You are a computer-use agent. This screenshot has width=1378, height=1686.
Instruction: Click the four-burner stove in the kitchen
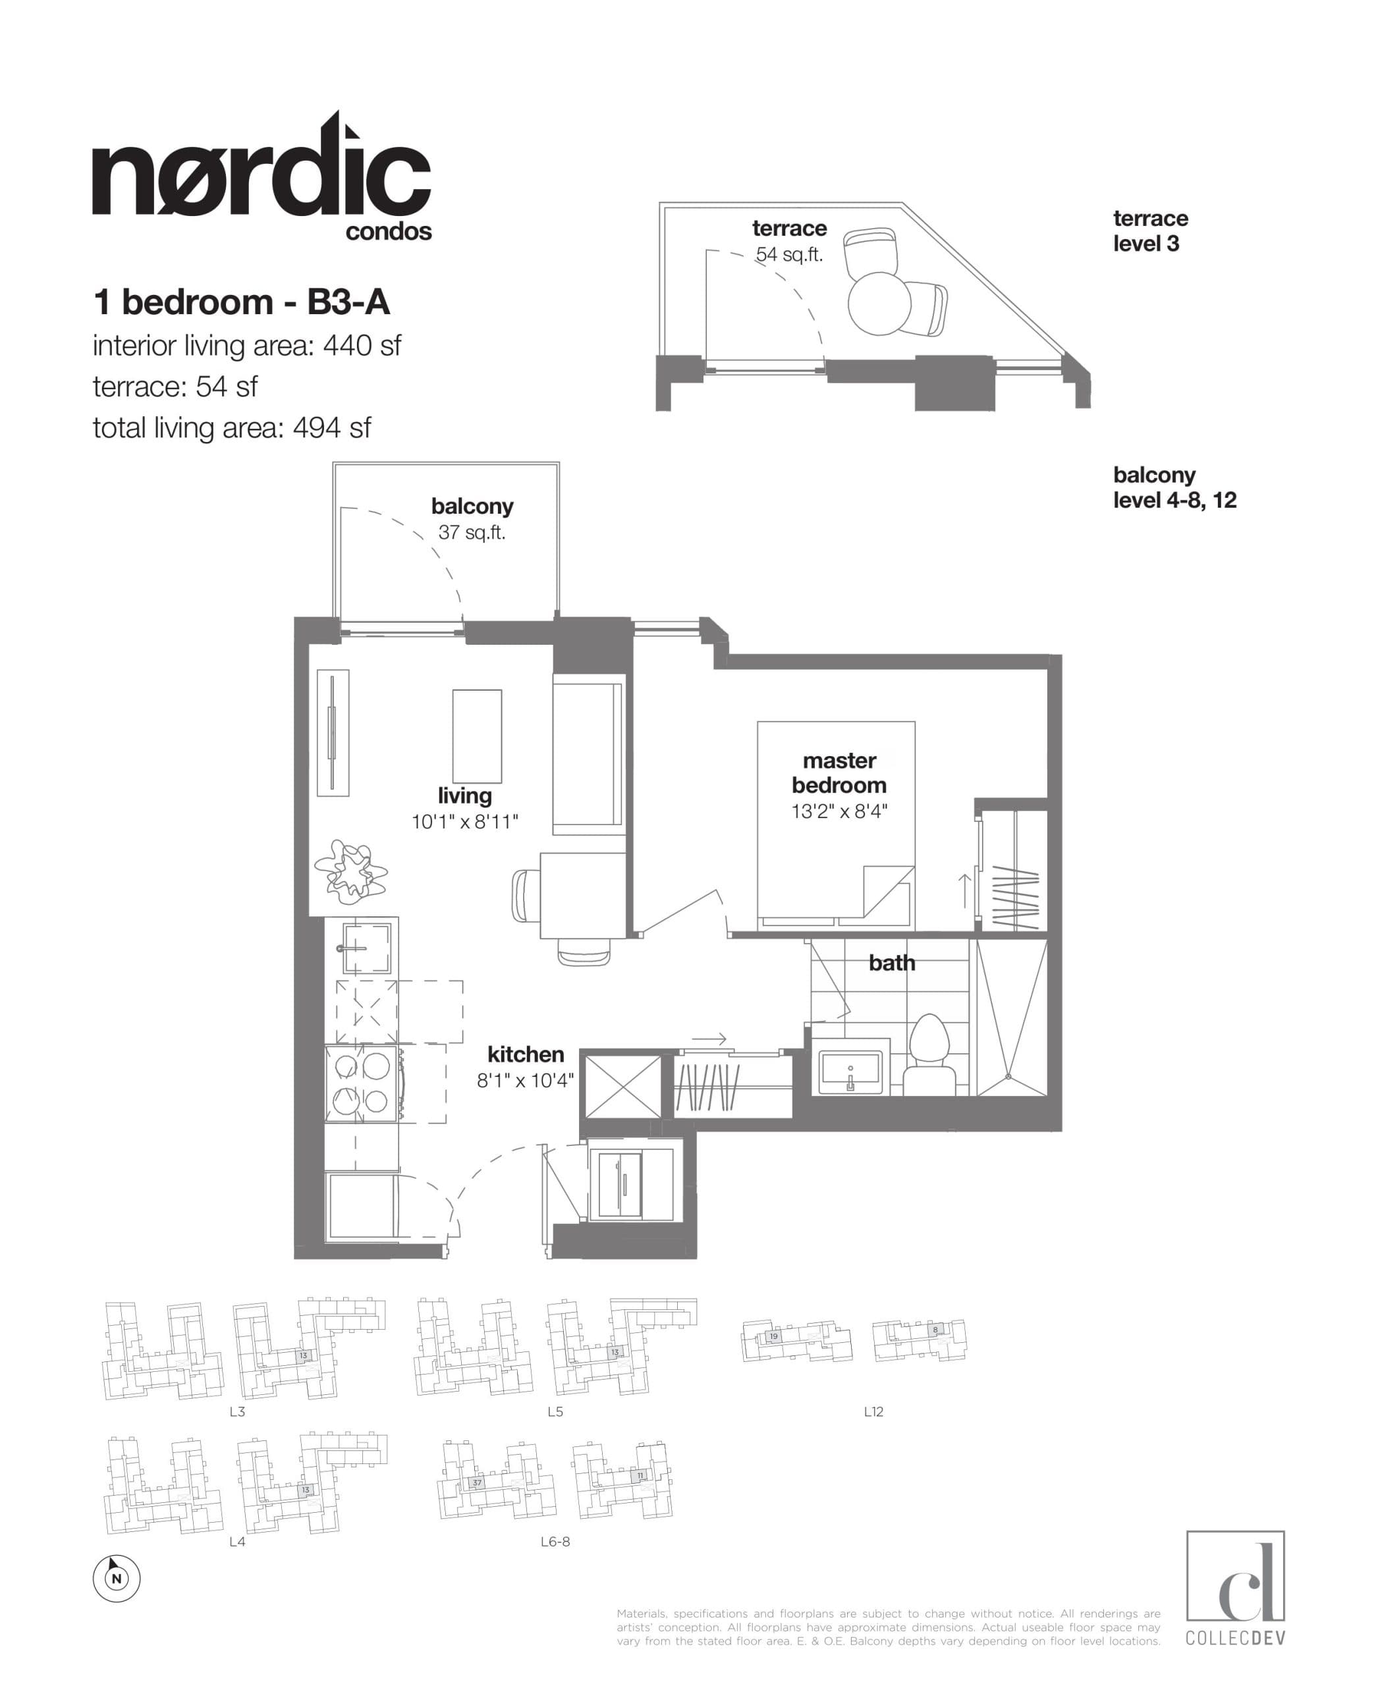coord(362,1083)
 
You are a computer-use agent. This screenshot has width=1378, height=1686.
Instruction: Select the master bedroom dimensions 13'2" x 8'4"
coord(839,811)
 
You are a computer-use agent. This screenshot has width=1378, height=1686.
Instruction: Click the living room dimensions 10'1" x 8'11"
coord(464,821)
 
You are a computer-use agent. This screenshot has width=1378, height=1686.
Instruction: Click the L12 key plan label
coord(873,1411)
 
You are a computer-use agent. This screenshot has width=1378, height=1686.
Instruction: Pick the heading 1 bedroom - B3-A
coord(241,302)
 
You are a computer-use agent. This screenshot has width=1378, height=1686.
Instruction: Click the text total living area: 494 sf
coord(232,428)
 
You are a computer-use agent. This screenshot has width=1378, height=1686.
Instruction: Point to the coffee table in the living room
coord(477,736)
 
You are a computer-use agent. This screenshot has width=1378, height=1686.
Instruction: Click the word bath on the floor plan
coord(891,963)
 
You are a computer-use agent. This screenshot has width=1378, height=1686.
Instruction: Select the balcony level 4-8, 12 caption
coord(1174,487)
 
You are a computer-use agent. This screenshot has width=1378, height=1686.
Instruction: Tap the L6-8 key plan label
coord(555,1542)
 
